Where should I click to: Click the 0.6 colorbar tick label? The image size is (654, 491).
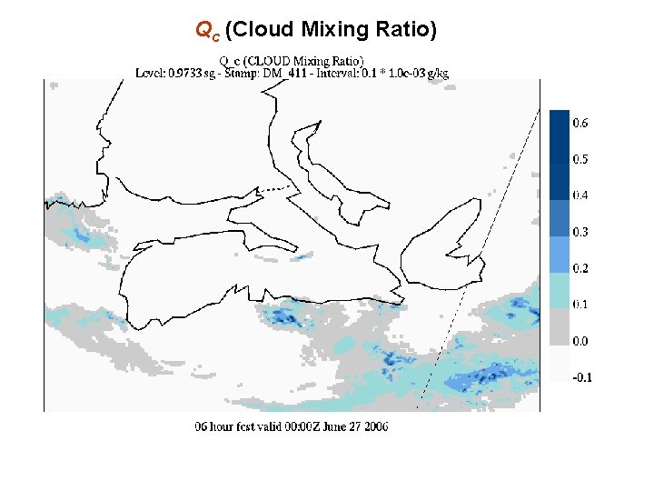pos(580,123)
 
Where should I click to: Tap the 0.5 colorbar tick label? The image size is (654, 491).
pos(580,159)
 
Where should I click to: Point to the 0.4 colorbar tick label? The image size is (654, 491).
pos(580,195)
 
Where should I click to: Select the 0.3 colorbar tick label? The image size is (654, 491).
pos(580,232)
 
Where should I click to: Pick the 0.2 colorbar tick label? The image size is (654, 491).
pos(580,268)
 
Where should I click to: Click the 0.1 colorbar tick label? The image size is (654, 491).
pos(580,305)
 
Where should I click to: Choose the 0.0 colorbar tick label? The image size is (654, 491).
pos(580,341)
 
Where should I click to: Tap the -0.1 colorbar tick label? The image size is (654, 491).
pos(581,377)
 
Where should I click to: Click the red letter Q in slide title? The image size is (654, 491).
pos(203,30)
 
